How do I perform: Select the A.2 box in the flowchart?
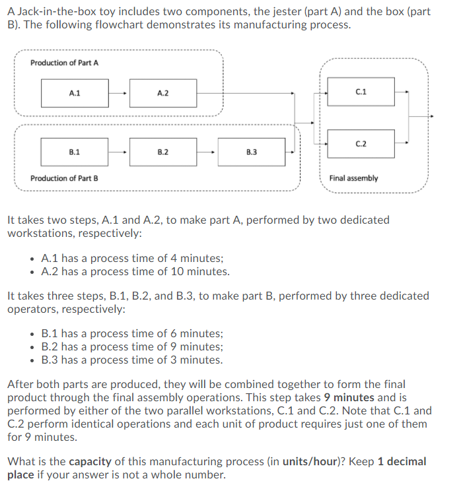click(162, 94)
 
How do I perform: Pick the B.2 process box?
click(162, 152)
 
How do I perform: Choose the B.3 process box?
click(251, 152)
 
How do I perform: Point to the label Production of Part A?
click(64, 63)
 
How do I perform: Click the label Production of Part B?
click(64, 178)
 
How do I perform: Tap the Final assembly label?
click(353, 178)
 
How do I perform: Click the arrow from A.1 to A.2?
click(119, 94)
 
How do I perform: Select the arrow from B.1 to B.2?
click(119, 152)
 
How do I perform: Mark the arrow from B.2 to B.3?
click(207, 152)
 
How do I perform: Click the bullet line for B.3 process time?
click(131, 360)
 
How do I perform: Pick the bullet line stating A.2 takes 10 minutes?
click(135, 271)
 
